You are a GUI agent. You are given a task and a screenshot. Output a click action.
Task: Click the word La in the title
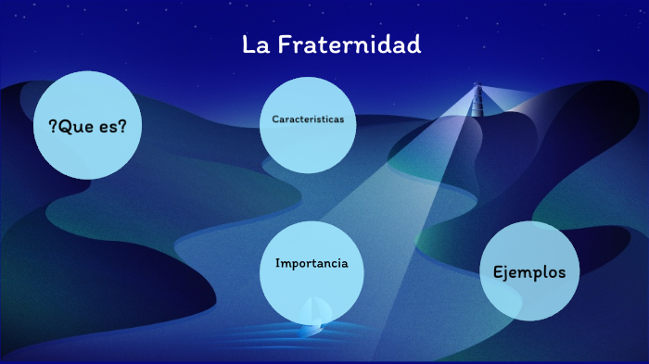pos(254,44)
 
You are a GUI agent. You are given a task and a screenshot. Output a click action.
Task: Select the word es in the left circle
pos(108,127)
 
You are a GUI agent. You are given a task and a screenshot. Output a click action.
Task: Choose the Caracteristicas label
pos(308,119)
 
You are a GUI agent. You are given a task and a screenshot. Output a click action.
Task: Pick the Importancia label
pos(312,263)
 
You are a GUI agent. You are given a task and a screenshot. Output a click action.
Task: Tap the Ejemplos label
pos(528,272)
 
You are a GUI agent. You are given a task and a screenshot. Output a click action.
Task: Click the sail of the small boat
pos(313,309)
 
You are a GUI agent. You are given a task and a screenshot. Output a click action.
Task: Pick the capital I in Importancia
pos(278,263)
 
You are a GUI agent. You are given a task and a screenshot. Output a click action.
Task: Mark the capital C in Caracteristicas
pos(275,119)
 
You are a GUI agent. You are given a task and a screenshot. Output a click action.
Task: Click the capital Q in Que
pos(64,126)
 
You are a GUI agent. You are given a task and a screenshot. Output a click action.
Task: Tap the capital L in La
pos(248,44)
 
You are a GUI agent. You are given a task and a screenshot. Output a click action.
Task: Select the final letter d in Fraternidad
pos(414,44)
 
